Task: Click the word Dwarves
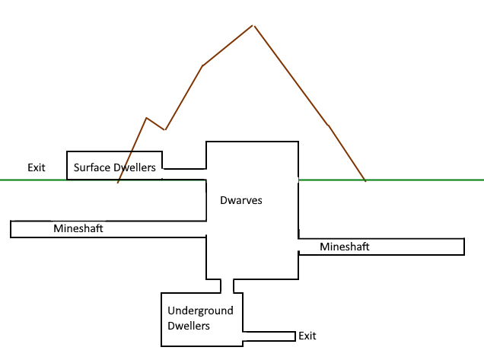tap(240, 201)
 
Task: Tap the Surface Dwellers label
tap(115, 167)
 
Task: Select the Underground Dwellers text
tap(200, 318)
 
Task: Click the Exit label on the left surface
tap(37, 167)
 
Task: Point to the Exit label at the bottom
tap(307, 336)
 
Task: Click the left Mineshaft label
tap(78, 228)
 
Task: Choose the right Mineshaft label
tap(345, 247)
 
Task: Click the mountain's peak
tap(253, 25)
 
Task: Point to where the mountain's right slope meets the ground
tap(366, 180)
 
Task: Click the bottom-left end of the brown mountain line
tap(118, 183)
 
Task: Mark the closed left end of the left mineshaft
tap(11, 229)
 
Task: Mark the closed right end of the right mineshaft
tap(464, 247)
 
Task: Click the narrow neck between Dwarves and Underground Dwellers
tap(227, 285)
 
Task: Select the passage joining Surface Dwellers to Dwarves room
tap(184, 174)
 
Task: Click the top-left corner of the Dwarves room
tap(206, 142)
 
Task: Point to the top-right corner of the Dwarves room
tap(298, 142)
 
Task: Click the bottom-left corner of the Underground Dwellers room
tap(161, 346)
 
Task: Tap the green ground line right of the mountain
tap(426, 180)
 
